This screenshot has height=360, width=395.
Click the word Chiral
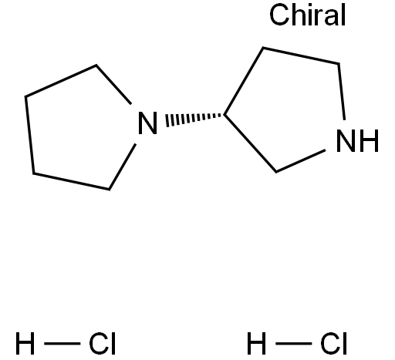tap(308, 15)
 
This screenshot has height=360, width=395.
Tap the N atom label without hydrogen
tap(147, 123)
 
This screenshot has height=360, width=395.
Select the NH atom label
tap(357, 140)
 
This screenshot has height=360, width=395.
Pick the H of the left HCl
tap(25, 343)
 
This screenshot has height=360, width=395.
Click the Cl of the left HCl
tap(102, 343)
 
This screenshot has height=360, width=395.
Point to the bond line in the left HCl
tap(62, 343)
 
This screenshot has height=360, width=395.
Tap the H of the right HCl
tap(256, 343)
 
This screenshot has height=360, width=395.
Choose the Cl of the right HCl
tap(333, 343)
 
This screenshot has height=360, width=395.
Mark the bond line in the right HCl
tap(294, 343)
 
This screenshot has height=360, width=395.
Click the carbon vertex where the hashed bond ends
tap(225, 115)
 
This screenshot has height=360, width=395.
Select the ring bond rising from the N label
tap(113, 85)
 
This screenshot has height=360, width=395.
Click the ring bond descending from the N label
tap(123, 167)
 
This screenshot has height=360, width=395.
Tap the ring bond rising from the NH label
tap(341, 92)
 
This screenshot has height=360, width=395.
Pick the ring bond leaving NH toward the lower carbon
tap(301, 161)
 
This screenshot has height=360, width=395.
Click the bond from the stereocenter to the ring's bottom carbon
tap(250, 143)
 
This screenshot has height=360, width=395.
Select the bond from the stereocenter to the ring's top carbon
tap(244, 81)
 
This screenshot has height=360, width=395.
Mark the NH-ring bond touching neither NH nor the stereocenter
tap(301, 56)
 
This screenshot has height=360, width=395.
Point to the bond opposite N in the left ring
tap(29, 135)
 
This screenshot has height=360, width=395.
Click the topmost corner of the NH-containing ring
tap(263, 48)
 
